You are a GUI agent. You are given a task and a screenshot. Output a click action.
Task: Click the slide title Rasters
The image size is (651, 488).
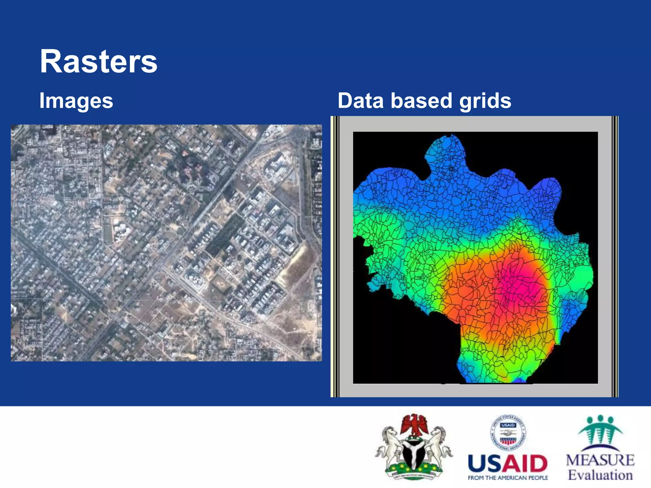pyautogui.click(x=99, y=62)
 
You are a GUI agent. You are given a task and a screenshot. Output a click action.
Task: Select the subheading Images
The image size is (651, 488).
pyautogui.click(x=76, y=101)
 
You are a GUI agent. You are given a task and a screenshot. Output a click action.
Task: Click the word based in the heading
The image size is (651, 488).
pyautogui.click(x=421, y=101)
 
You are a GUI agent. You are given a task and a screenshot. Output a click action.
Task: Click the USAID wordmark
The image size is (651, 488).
pyautogui.click(x=508, y=464)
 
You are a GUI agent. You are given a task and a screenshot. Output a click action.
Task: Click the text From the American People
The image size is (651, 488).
pyautogui.click(x=508, y=478)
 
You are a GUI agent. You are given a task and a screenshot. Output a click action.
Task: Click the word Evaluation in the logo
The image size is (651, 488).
pyautogui.click(x=600, y=475)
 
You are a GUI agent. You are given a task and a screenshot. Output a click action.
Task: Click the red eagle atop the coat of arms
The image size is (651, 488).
pyautogui.click(x=414, y=424)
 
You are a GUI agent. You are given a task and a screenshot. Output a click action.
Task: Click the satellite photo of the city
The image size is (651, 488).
pyautogui.click(x=166, y=243)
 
